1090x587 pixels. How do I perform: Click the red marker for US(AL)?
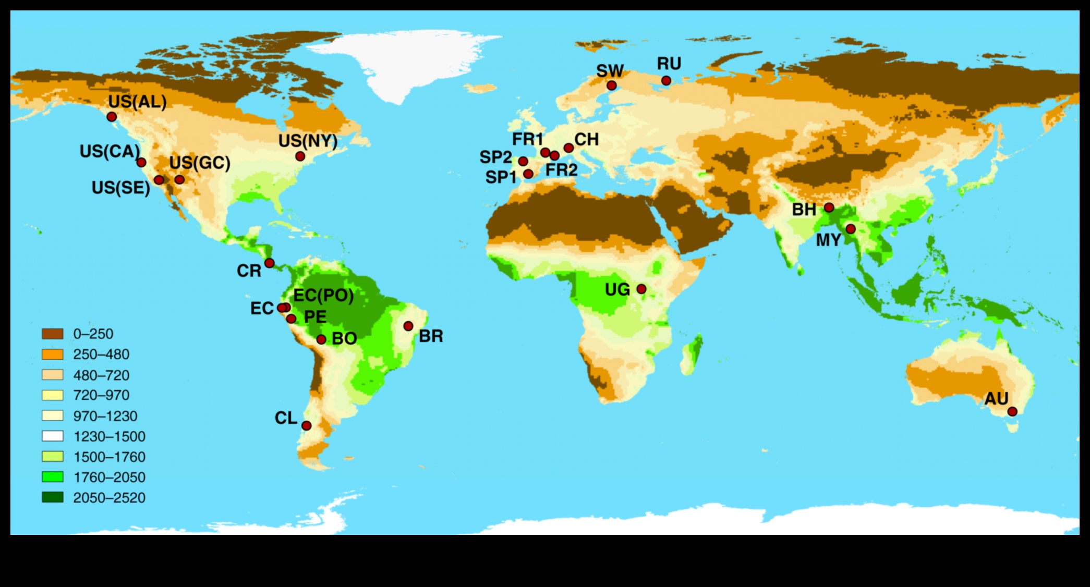[112, 117]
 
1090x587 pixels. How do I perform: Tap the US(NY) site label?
[308, 141]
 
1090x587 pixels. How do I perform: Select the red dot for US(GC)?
[179, 179]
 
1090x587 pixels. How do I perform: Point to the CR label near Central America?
[249, 271]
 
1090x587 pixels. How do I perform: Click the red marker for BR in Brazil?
[408, 326]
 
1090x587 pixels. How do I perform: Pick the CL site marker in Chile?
[307, 425]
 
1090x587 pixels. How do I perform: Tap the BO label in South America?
[344, 339]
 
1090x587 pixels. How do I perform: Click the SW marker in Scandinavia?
[612, 85]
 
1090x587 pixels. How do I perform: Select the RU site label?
[669, 64]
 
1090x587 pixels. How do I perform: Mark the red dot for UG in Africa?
[641, 289]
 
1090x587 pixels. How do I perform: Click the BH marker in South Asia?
[829, 207]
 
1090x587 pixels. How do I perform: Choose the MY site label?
[829, 240]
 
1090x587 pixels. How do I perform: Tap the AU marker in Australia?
[1012, 411]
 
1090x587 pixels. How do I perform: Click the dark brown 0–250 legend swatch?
[53, 334]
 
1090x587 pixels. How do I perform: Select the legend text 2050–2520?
[109, 498]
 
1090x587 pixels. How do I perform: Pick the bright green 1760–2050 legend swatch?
[53, 477]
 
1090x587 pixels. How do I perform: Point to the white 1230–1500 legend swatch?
[53, 436]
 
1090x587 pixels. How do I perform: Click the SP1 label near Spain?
[501, 178]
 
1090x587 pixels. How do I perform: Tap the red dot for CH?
[568, 148]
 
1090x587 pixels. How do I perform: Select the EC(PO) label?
[323, 296]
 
